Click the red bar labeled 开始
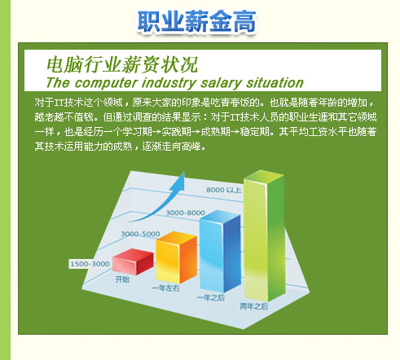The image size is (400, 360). pos(133,261)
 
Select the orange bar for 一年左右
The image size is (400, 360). pos(176,257)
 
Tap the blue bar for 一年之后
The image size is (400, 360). pos(220,251)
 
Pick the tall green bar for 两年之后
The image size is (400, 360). pos(265,235)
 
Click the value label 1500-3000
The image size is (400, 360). pos(90,264)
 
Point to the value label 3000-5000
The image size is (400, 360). pos(140,234)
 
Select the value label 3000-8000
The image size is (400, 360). pos(186,213)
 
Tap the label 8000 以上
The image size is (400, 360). pos(223,190)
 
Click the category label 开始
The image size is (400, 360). pos(122,279)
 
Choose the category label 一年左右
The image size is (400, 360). pos(165,288)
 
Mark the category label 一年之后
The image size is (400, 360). pos(211,297)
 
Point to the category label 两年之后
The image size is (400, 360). pos(254,306)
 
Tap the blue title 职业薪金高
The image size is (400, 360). pos(196,21)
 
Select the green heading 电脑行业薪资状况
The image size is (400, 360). pos(122,64)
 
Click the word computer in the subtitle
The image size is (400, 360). pos(105,83)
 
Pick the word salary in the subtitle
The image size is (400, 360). pos(222,83)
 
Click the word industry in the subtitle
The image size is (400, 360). pos(169,83)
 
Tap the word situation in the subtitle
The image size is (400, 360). pos(275,83)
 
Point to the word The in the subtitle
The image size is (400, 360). pos(58,82)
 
